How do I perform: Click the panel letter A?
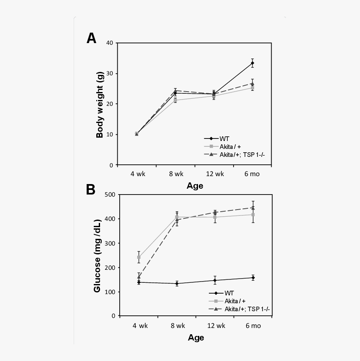91,38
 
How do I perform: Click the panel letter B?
91,189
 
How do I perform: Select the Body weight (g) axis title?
100,105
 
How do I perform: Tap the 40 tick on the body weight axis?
110,43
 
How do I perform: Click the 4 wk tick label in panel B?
140,326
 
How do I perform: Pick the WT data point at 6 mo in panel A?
252,63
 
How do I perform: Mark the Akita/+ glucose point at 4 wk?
139,257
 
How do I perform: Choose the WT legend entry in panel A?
224,139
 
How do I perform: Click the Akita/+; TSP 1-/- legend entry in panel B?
249,309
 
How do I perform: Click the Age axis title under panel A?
195,186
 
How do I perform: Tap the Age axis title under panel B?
196,338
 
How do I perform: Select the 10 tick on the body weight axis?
110,135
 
